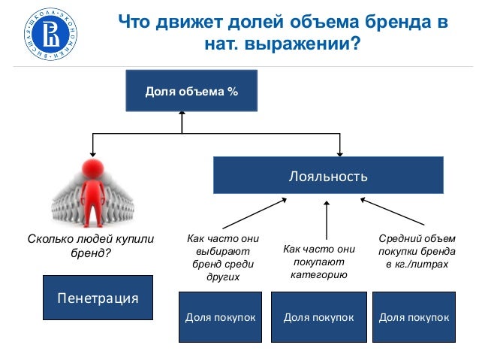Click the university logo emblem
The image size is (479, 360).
(x=50, y=33)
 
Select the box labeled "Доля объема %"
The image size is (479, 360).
(x=191, y=92)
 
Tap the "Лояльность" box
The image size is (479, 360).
(x=328, y=177)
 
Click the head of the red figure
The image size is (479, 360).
(x=93, y=166)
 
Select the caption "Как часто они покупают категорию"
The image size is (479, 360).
(x=318, y=262)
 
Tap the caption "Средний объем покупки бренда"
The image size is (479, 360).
(x=417, y=252)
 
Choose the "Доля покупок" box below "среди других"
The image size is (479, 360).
(x=220, y=317)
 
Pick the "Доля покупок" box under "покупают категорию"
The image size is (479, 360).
(x=318, y=317)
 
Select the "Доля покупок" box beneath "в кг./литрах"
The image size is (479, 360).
(x=414, y=317)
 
